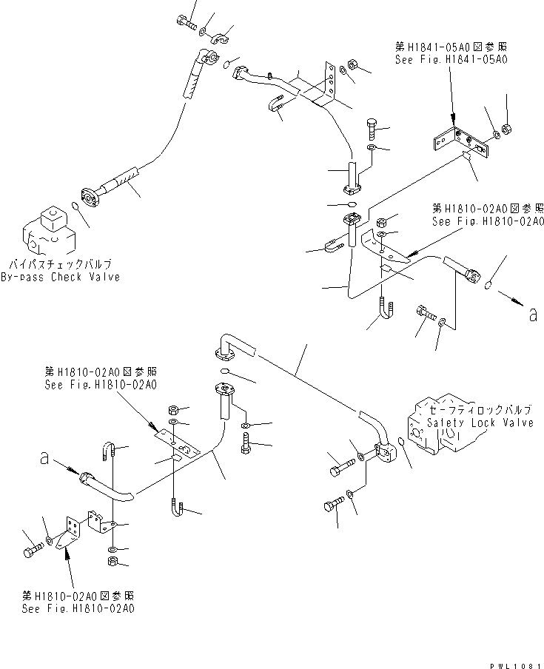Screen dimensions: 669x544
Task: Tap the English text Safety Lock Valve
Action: (x=480, y=423)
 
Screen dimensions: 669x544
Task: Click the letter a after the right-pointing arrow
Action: (x=532, y=315)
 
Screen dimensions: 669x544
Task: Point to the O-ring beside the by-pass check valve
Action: (x=75, y=206)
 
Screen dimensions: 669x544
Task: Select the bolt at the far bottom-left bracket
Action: (x=32, y=551)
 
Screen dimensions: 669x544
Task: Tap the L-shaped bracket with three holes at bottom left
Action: (x=73, y=534)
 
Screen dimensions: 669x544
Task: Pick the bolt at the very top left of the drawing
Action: (x=184, y=23)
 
